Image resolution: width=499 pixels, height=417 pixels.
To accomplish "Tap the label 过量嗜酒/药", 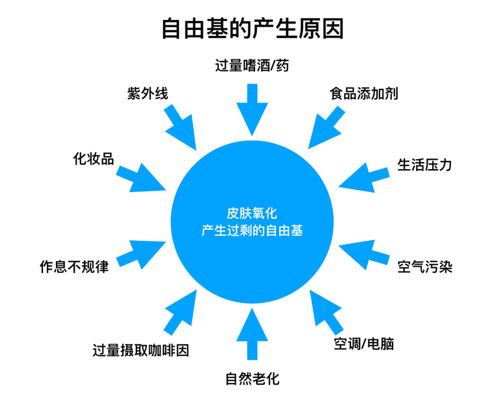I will click(x=252, y=66).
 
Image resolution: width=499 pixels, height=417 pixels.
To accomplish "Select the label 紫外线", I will click(x=147, y=94).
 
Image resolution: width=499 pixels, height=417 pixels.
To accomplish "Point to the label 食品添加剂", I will click(x=364, y=94).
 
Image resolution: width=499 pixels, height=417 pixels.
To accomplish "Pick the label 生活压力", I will click(x=425, y=165).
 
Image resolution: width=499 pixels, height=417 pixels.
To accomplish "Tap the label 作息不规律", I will click(x=73, y=267).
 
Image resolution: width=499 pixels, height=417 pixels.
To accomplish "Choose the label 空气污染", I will click(x=425, y=267).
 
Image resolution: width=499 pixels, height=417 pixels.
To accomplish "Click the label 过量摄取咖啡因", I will click(x=141, y=350).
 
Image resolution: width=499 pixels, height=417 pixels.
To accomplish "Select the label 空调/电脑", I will click(x=364, y=344).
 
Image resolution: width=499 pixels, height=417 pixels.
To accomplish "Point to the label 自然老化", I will click(x=252, y=378).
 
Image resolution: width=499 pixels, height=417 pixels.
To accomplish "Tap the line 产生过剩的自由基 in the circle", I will click(x=252, y=231).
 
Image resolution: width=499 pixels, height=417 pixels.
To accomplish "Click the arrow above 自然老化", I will click(x=252, y=332).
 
